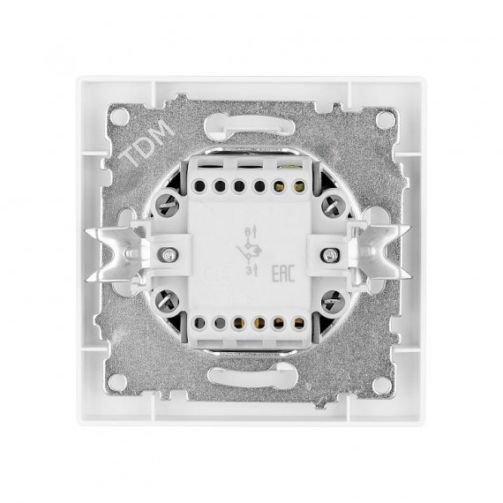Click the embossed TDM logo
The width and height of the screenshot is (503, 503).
pos(146,143)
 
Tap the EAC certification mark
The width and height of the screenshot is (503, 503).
pos(283,274)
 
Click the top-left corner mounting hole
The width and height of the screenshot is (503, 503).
pos(119,116)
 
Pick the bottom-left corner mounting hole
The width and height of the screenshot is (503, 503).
pos(117,383)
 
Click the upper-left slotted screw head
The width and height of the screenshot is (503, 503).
pos(167,205)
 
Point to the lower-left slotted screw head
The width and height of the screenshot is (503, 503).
pos(167,301)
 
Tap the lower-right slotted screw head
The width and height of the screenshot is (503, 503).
pos(334,301)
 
